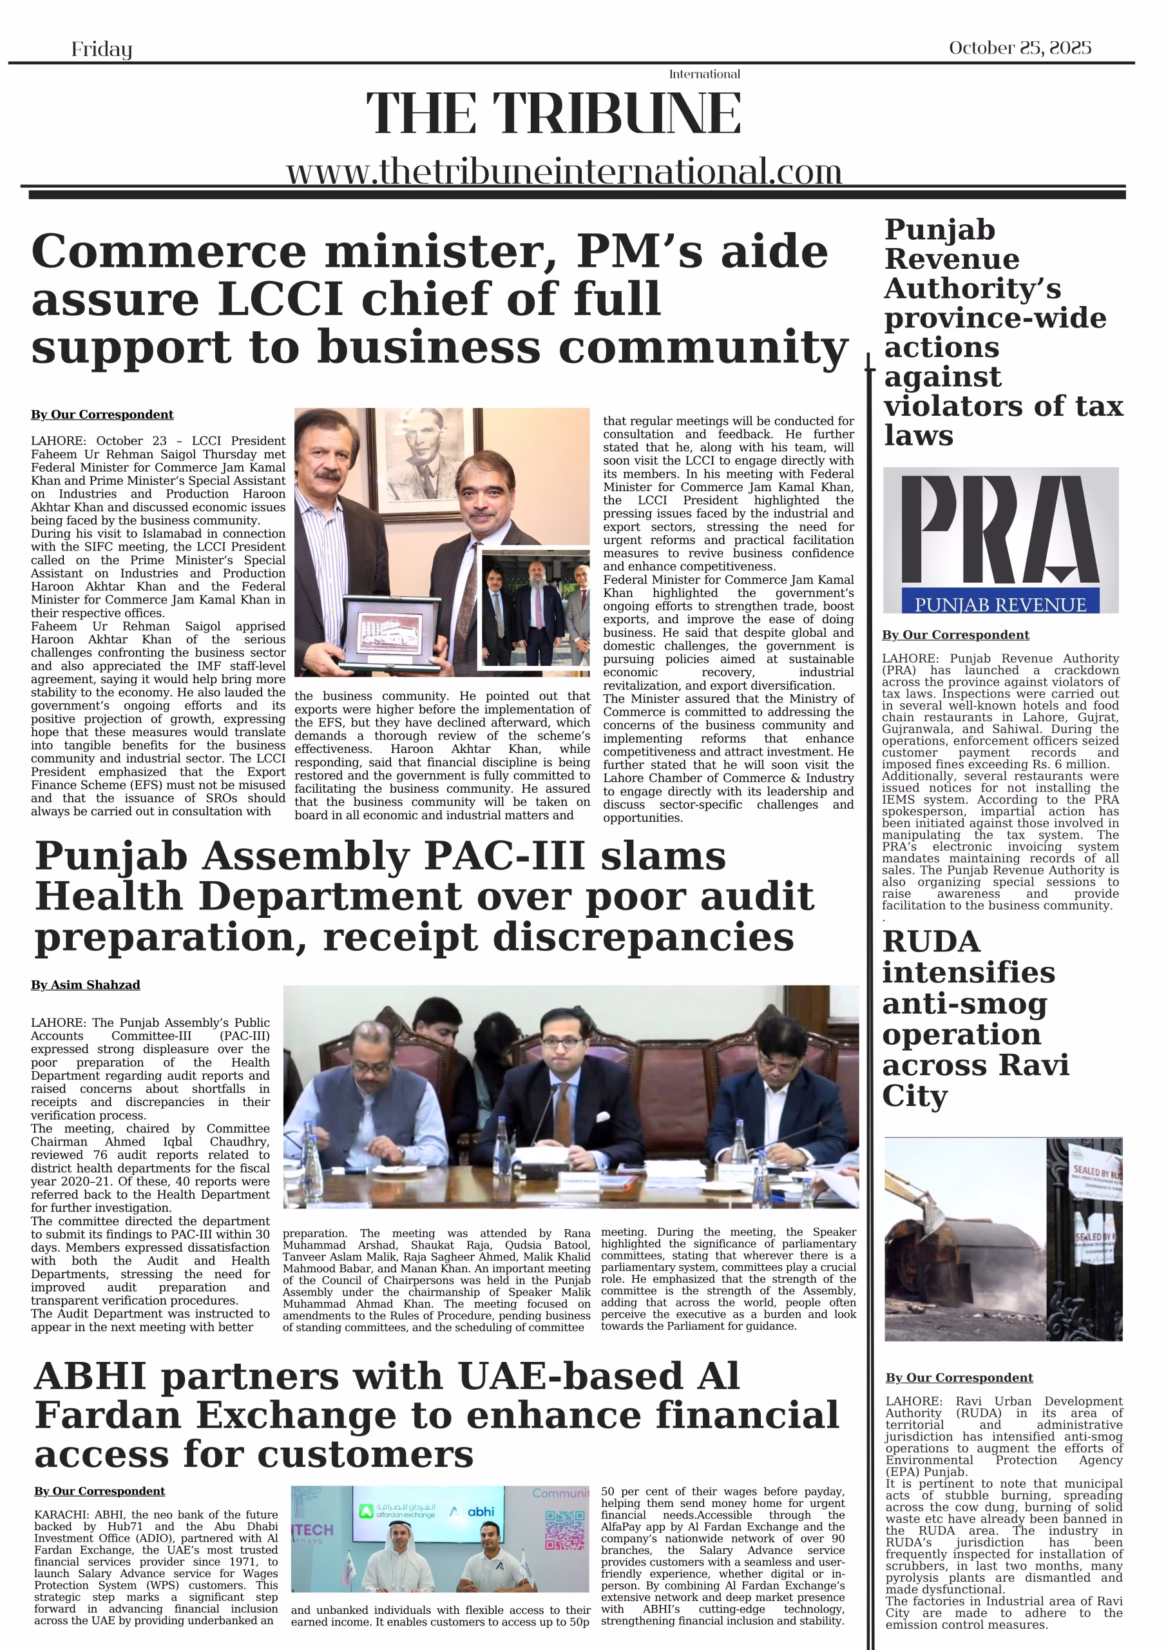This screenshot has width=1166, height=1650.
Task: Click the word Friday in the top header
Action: (101, 49)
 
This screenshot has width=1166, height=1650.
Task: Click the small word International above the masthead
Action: (704, 74)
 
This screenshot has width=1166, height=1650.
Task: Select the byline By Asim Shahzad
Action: (86, 985)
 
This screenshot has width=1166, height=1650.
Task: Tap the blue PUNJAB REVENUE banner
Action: (1000, 605)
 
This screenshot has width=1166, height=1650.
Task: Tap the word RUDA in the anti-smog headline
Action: (931, 942)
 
